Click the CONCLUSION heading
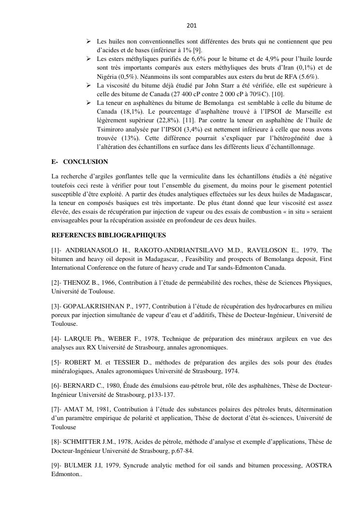(x=86, y=161)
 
